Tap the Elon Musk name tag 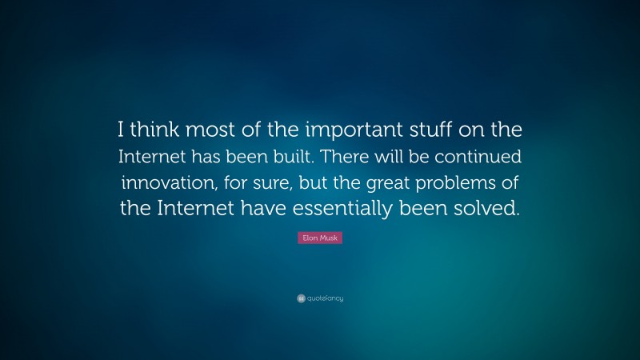click(320, 238)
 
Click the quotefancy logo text click(325, 298)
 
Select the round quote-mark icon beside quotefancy click(301, 298)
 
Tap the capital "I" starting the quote click(122, 129)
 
